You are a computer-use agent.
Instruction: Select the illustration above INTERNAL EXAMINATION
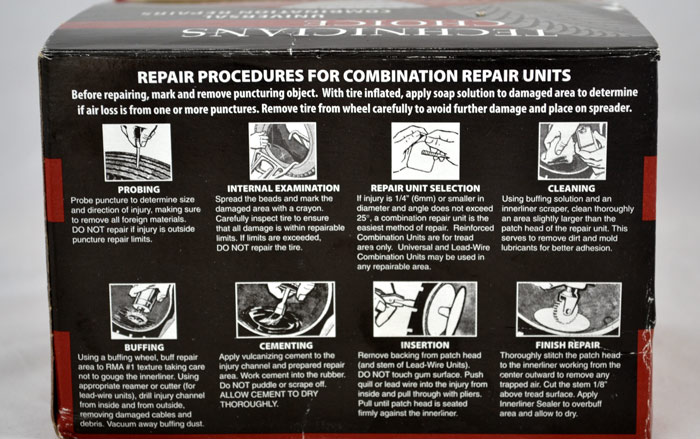click(x=282, y=151)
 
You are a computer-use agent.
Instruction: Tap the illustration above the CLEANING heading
click(x=572, y=150)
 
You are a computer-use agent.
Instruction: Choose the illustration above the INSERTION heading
click(x=411, y=308)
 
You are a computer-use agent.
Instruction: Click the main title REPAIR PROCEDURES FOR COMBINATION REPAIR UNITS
click(x=353, y=76)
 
